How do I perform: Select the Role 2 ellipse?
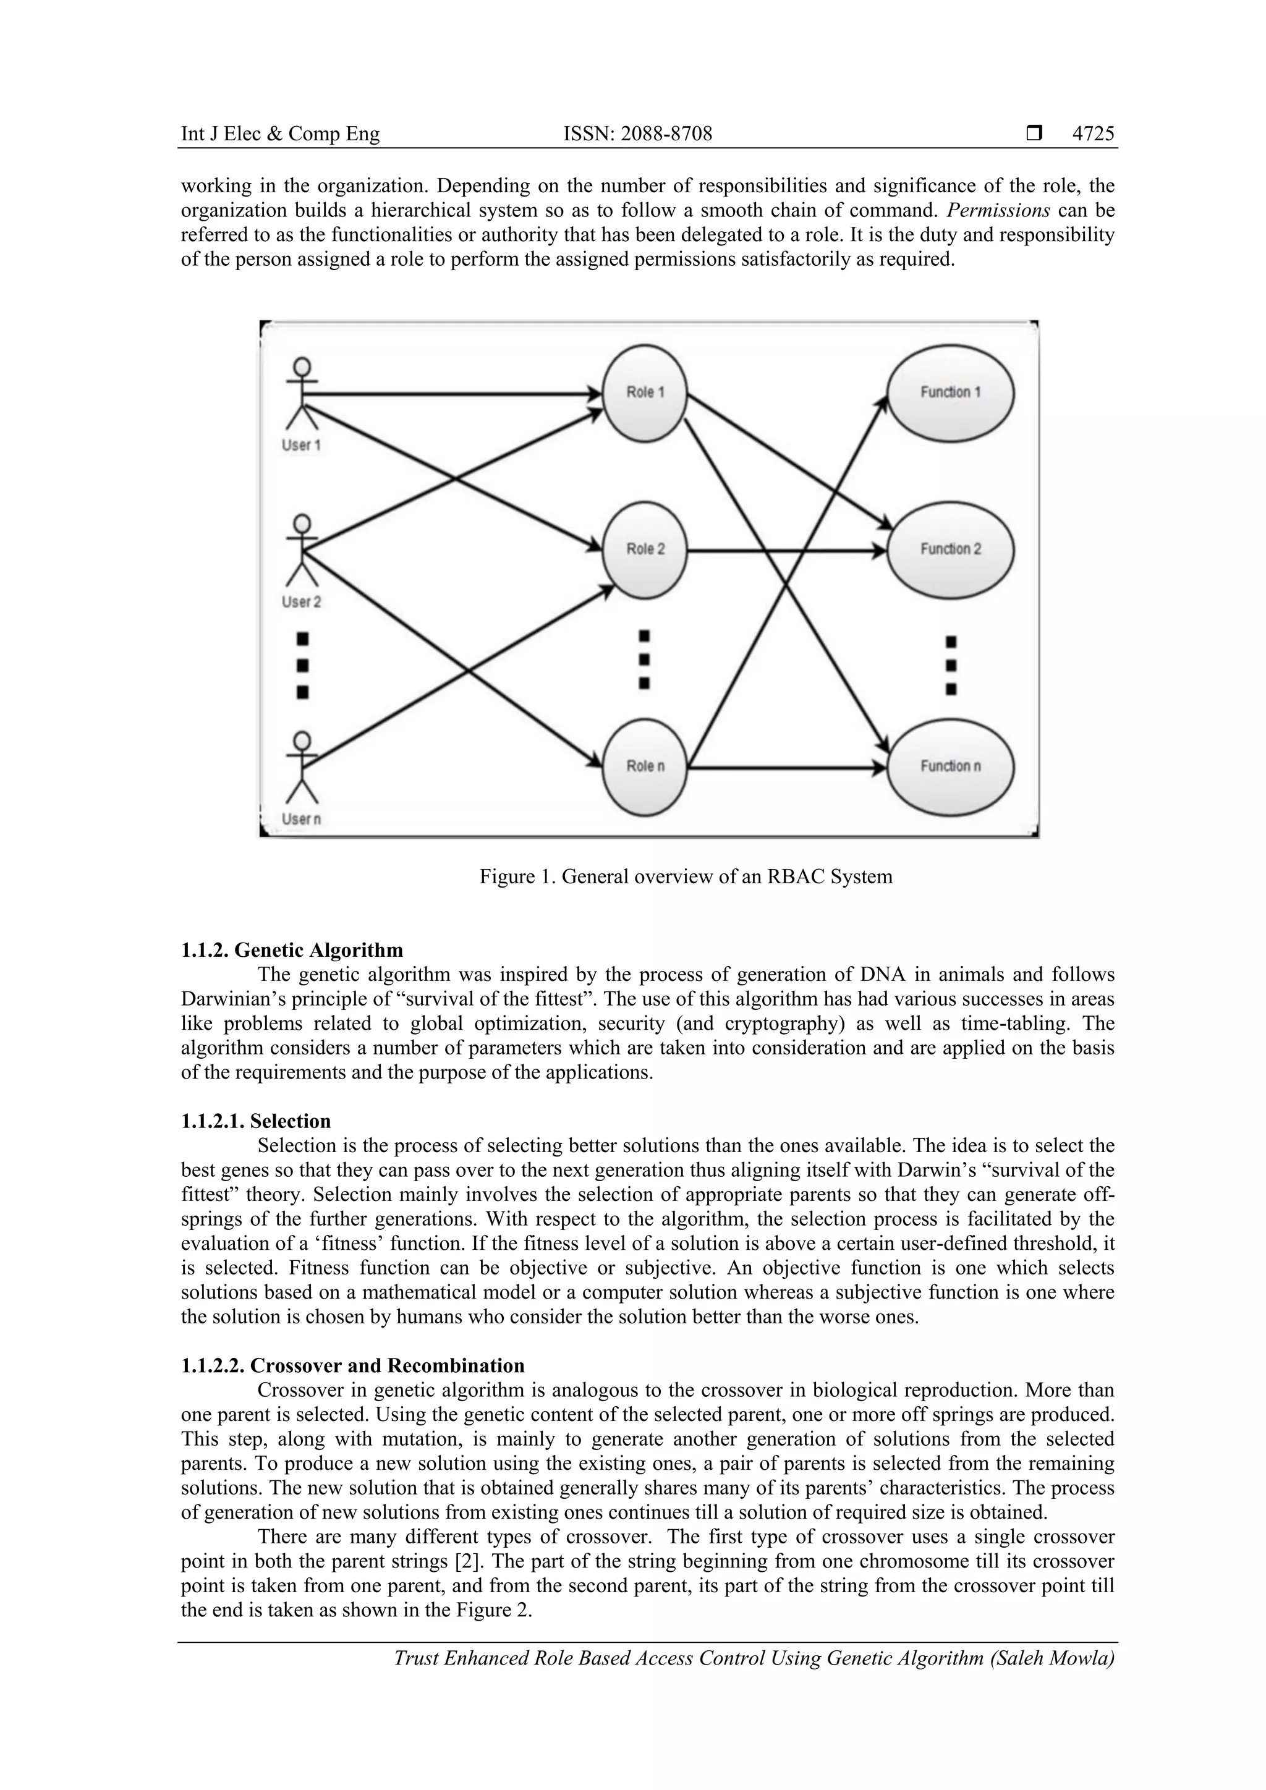tap(645, 550)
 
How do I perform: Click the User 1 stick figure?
tap(302, 394)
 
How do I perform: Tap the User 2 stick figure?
tap(302, 550)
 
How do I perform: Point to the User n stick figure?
tap(302, 768)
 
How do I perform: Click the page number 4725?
tap(1093, 134)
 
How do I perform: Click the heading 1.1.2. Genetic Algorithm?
tap(292, 951)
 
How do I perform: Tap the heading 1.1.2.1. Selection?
tap(256, 1121)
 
